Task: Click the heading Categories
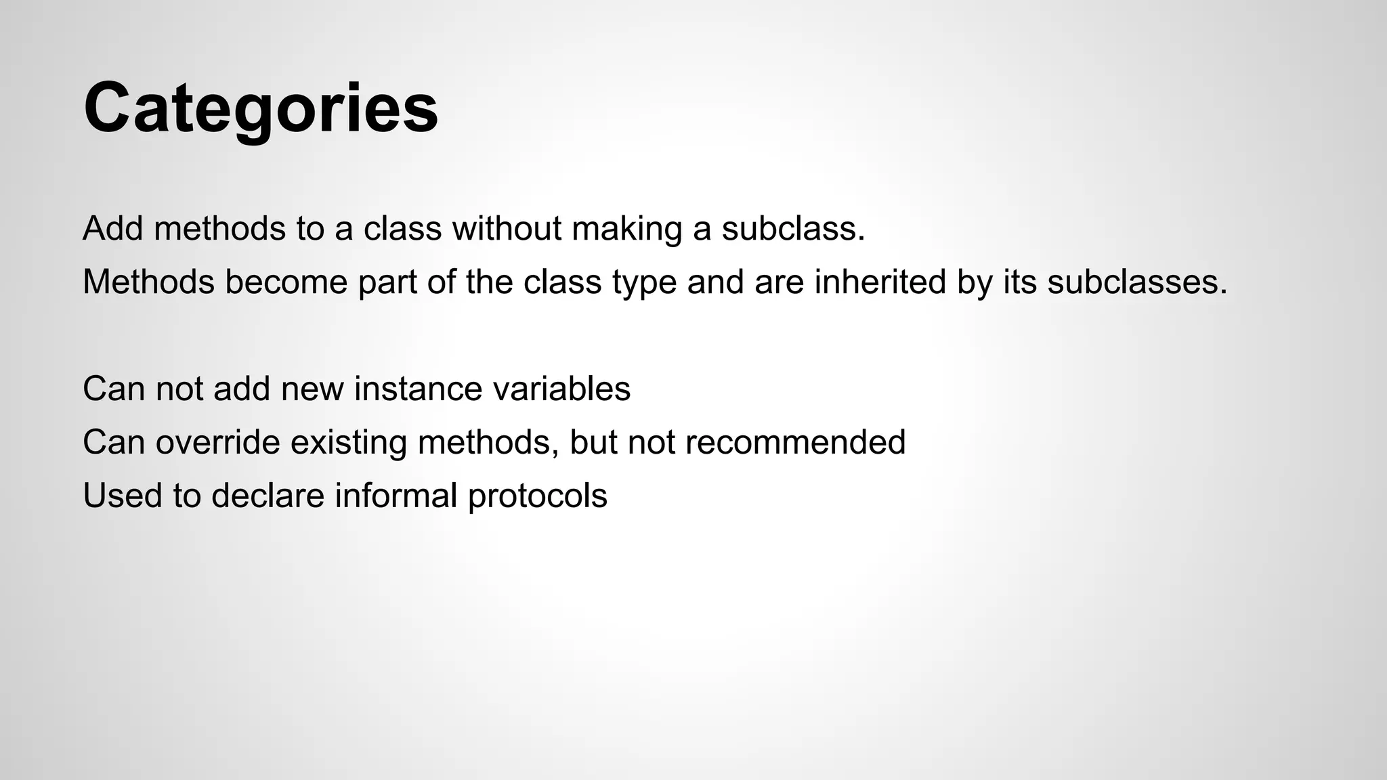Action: coord(261,108)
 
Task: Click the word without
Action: coord(507,228)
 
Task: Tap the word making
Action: coord(626,228)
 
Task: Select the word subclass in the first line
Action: coord(793,228)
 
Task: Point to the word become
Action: coord(286,282)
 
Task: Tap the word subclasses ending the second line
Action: coord(1136,282)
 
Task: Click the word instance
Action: coord(417,389)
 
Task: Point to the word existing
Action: coord(348,442)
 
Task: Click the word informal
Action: coord(396,496)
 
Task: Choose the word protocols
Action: coord(537,496)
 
